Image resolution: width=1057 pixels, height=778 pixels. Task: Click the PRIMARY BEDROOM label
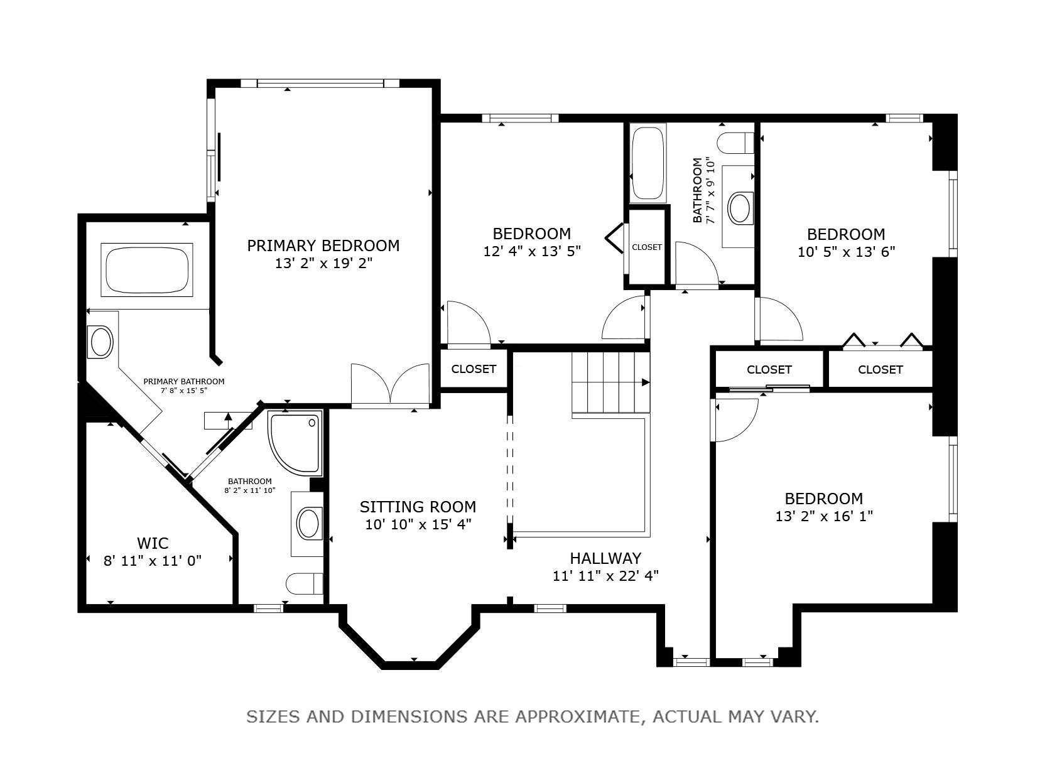point(323,246)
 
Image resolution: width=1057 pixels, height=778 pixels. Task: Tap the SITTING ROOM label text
point(418,507)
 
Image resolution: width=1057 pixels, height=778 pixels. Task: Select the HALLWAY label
point(605,559)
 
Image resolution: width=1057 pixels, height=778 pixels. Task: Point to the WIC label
point(153,544)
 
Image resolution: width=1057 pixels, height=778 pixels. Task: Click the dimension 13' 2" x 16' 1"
point(824,517)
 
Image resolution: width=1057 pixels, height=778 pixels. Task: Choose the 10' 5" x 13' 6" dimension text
point(846,252)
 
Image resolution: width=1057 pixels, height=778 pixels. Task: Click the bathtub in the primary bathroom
point(147,270)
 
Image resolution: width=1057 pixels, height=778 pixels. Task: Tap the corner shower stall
point(295,443)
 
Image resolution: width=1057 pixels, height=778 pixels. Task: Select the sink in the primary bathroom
point(101,342)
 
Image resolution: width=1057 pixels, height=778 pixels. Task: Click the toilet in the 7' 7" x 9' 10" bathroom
point(736,143)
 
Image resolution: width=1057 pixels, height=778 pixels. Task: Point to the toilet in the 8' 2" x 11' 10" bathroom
point(305,585)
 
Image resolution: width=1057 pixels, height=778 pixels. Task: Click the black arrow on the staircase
point(645,382)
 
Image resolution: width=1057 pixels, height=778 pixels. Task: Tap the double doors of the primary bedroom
point(390,384)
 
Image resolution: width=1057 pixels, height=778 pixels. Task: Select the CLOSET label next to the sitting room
point(474,369)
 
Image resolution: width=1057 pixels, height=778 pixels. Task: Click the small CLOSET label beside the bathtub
point(646,247)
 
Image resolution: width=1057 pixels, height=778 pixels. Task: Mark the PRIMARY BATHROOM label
point(184,381)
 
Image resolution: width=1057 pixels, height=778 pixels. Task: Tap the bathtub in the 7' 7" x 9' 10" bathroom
point(648,163)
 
